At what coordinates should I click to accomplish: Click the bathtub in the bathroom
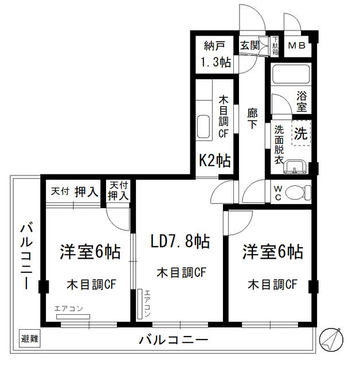click(x=290, y=75)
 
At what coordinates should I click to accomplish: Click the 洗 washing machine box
click(x=300, y=133)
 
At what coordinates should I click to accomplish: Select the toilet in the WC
click(x=296, y=192)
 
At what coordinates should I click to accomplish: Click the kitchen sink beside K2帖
click(x=204, y=127)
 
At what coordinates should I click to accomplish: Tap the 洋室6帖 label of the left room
click(x=89, y=251)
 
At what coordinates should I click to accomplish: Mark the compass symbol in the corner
click(x=332, y=339)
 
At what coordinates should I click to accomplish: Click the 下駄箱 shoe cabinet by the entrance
click(x=275, y=45)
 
